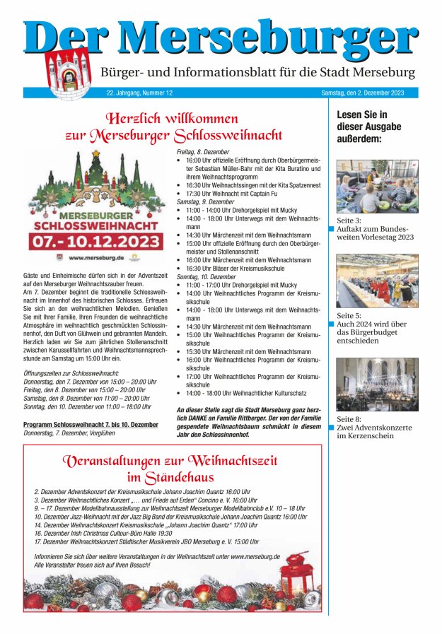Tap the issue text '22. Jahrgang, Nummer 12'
pos(139,93)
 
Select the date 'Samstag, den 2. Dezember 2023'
pos(363,93)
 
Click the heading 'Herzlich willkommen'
pos(172,118)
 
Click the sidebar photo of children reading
pos(376,186)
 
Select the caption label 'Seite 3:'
pos(349,221)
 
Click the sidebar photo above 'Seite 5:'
pos(376,281)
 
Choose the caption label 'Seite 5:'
pos(349,315)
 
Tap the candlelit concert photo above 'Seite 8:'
pos(376,384)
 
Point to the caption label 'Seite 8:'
pos(349,418)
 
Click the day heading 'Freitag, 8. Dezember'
pos(203,152)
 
